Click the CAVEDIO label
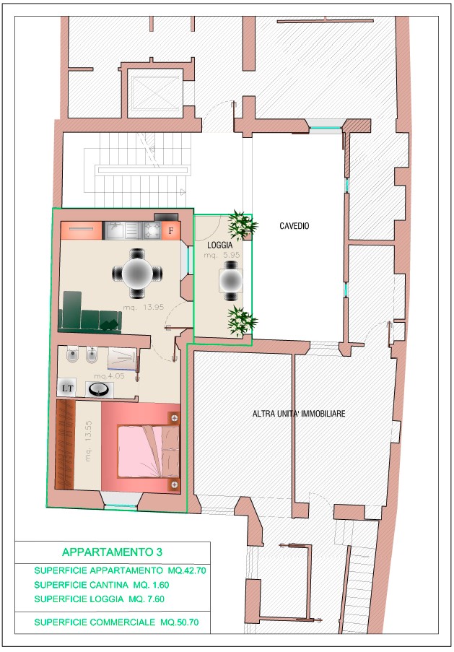tap(294, 226)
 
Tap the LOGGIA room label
tap(219, 245)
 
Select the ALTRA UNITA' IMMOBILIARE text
tap(299, 413)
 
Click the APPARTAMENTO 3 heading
tap(112, 552)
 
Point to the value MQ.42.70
tap(187, 570)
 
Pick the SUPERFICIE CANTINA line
tap(102, 585)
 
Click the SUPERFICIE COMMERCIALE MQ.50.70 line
tap(116, 622)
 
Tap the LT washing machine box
tap(67, 388)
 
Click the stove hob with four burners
tap(152, 230)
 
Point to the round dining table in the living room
tap(137, 273)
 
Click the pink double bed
tap(148, 451)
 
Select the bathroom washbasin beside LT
tap(100, 388)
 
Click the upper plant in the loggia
tap(242, 225)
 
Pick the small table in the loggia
tap(231, 280)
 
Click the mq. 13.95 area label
tap(144, 308)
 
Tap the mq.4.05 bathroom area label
tap(109, 376)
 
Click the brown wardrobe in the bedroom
tap(65, 445)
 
